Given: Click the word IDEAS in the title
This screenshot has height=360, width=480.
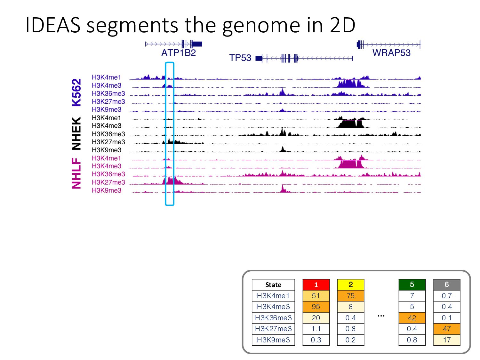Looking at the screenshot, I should click(53, 25).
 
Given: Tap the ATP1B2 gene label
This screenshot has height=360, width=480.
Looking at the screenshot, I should click(178, 53).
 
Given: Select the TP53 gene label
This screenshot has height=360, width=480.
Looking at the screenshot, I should click(240, 58).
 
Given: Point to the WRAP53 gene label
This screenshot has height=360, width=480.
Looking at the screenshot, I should click(391, 53).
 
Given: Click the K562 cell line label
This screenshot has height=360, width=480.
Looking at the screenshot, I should click(76, 92).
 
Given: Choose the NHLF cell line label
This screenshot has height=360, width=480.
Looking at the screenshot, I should click(76, 173).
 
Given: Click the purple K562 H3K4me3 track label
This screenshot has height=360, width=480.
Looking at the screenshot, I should click(107, 85).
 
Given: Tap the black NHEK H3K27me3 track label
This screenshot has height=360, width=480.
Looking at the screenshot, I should click(108, 142).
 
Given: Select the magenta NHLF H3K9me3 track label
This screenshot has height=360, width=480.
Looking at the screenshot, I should click(107, 190).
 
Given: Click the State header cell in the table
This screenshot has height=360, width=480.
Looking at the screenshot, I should click(273, 285).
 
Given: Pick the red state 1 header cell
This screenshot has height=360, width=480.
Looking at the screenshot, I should click(316, 285).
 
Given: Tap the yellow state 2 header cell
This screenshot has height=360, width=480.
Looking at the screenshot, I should click(351, 285).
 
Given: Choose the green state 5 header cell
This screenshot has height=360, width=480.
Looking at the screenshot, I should click(412, 285).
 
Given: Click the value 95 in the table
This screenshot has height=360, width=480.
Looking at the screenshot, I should click(316, 307).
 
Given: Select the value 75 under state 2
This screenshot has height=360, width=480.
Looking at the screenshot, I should click(351, 296).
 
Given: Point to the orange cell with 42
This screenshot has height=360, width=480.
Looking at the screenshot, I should click(412, 318).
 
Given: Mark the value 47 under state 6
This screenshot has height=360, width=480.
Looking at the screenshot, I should click(447, 329).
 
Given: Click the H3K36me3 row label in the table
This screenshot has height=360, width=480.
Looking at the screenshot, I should click(273, 318).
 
